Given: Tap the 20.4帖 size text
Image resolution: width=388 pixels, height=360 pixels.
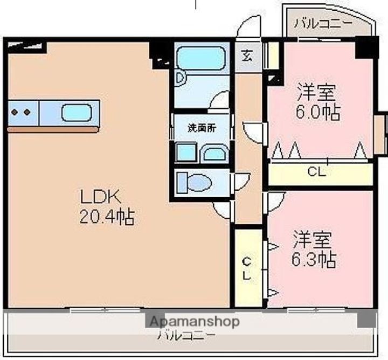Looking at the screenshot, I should pos(107,217).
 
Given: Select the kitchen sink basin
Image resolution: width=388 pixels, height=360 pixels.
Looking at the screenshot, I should pos(77,113).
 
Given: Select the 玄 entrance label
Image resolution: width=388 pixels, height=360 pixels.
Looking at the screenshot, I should pos(246,56).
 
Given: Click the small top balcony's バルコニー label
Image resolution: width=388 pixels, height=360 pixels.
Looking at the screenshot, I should pos(323,24).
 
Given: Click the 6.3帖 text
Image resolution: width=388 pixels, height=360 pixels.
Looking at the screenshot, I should pos(316,260).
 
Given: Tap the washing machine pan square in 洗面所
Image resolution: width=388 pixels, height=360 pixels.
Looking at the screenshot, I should pos(186,153).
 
